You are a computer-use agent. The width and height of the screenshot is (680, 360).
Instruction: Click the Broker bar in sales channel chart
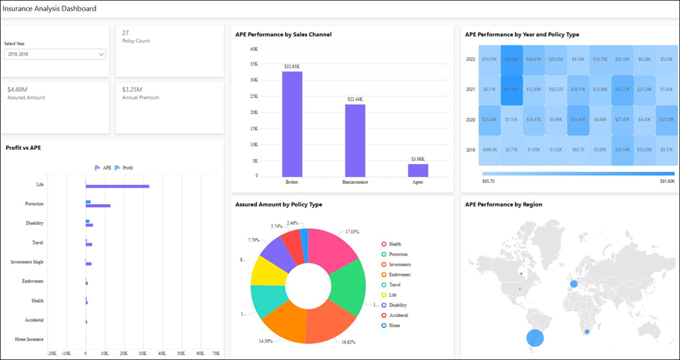click(x=292, y=124)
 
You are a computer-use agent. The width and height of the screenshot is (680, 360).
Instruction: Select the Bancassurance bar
click(x=355, y=140)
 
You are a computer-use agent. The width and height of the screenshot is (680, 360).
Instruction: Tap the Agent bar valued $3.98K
click(x=418, y=170)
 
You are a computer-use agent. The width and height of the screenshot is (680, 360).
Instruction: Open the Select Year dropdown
click(x=55, y=54)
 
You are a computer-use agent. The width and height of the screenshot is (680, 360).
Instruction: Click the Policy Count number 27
click(x=125, y=32)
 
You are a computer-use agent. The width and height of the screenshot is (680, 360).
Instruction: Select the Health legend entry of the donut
click(x=395, y=244)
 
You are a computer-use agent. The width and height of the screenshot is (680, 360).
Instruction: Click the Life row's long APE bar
click(x=117, y=186)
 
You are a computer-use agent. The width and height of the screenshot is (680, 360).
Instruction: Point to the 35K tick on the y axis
click(x=254, y=64)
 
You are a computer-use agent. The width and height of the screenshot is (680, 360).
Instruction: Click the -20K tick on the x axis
click(x=51, y=352)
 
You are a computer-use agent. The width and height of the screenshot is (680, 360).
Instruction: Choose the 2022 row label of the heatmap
click(x=470, y=59)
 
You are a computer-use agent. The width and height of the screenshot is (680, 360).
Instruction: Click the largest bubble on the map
click(x=534, y=337)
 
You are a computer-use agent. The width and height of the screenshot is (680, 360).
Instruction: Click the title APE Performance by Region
click(x=503, y=204)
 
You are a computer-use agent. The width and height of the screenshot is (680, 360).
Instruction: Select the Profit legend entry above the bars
click(x=124, y=167)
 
